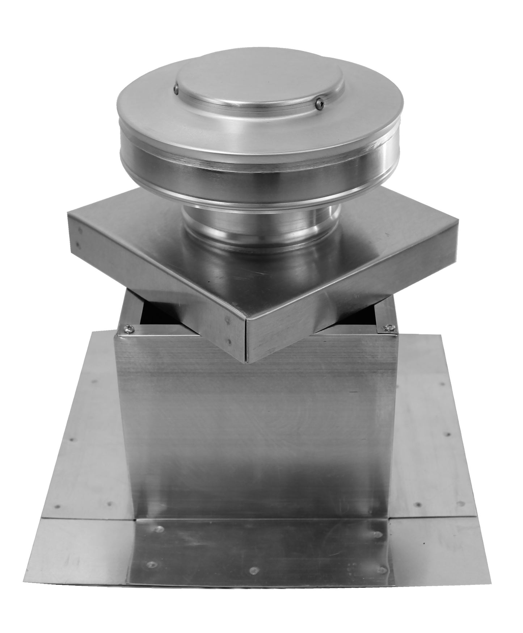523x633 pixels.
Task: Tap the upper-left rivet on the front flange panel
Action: click(157, 529)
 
